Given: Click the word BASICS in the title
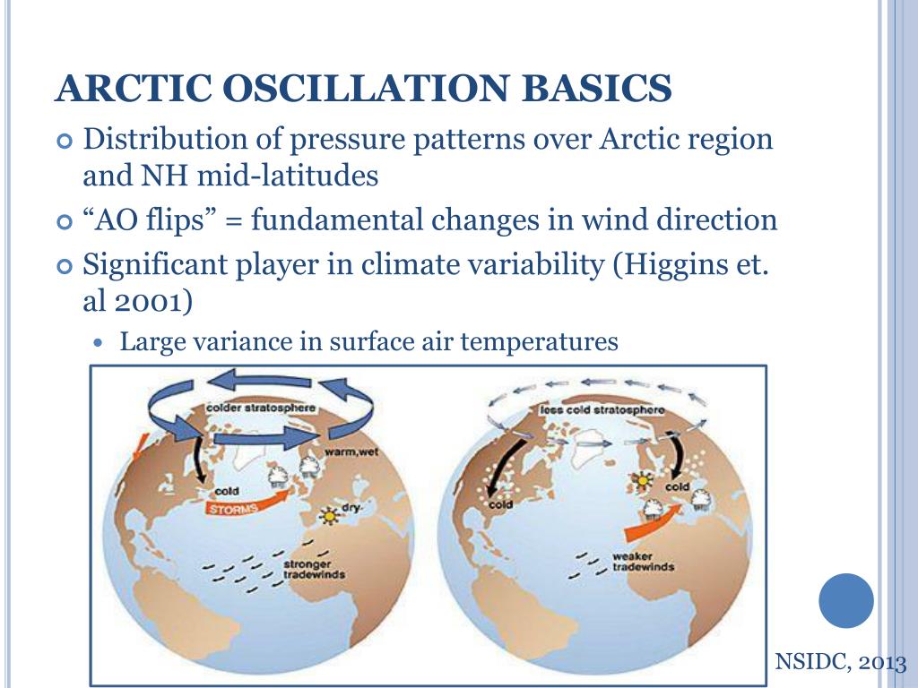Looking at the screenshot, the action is click(x=597, y=89).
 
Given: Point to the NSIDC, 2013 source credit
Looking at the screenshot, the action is click(x=840, y=662).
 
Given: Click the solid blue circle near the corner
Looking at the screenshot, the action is click(x=846, y=600).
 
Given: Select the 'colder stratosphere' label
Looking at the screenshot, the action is click(x=261, y=408).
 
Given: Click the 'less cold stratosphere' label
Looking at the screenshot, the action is click(x=602, y=409).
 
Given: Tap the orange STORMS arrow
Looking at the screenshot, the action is click(x=248, y=503).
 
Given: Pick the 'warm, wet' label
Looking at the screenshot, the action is click(x=351, y=452).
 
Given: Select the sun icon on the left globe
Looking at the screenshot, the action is click(x=330, y=516).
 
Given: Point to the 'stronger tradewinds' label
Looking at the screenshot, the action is click(x=314, y=569).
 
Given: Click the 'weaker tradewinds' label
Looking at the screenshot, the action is click(x=643, y=562).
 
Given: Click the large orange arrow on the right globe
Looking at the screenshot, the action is click(x=653, y=523).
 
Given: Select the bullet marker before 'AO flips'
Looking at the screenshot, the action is click(x=65, y=222).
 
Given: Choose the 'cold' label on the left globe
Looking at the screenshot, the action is click(x=227, y=492).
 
